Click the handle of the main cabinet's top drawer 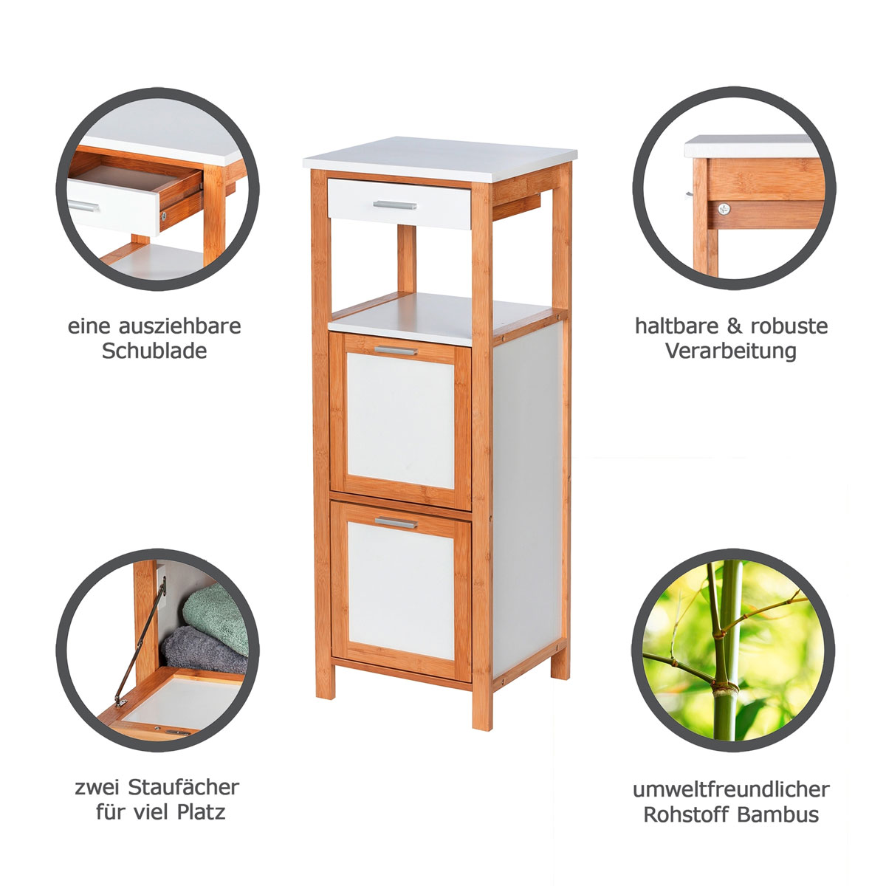click(395, 205)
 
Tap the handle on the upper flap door click(396, 351)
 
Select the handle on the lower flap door click(396, 523)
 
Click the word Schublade click(154, 351)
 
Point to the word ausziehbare click(179, 326)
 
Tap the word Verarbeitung click(731, 351)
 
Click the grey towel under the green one click(205, 649)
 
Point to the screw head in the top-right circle click(724, 209)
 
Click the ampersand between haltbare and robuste click(735, 326)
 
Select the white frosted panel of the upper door click(400, 421)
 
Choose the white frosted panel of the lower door click(401, 591)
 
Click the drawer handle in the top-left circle click(83, 207)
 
